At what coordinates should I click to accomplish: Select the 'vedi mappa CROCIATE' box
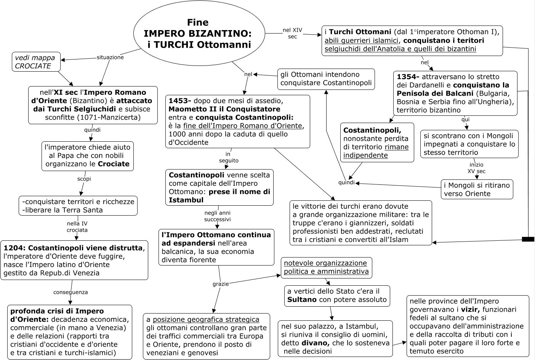point(36,62)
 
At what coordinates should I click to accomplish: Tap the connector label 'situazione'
point(110,57)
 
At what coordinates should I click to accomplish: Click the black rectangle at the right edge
point(528,239)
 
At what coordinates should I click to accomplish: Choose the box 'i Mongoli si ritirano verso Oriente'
point(477,189)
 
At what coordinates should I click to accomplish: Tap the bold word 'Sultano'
point(302,299)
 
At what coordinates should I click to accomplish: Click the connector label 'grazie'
point(221,284)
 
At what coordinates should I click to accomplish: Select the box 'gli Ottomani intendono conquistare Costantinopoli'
point(326,79)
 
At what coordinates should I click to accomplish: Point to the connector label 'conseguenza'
point(70,292)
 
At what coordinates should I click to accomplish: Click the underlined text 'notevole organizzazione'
point(325,263)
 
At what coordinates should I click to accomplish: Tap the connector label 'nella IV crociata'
point(77,227)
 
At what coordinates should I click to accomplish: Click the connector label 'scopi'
point(84,179)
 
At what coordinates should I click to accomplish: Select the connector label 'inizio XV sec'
point(476,168)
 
